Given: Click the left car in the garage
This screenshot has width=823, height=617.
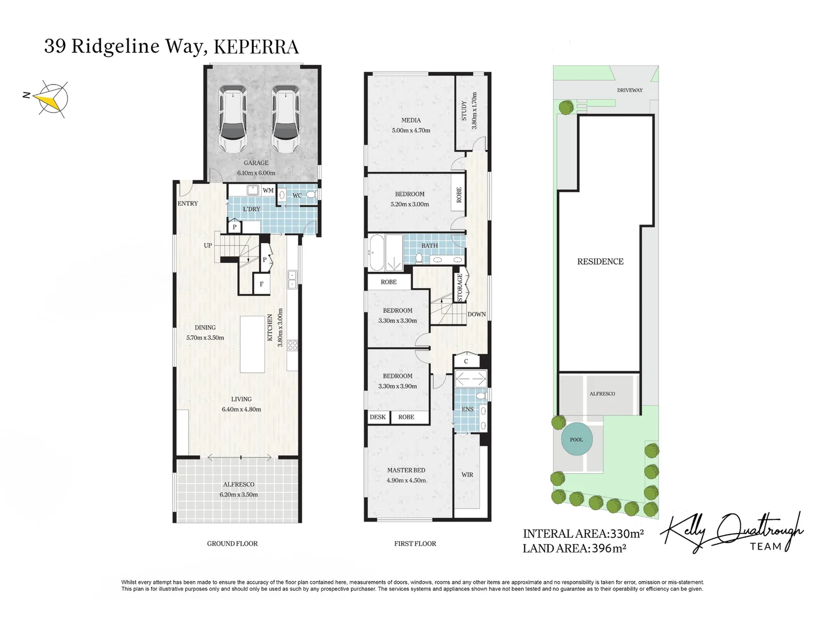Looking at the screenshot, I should [233, 119].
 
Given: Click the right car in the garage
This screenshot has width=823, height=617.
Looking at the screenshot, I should [285, 119].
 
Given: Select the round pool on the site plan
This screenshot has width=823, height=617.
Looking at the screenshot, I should [576, 439].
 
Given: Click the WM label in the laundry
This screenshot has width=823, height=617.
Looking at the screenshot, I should [268, 190].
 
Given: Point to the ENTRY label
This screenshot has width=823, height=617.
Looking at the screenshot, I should [187, 203].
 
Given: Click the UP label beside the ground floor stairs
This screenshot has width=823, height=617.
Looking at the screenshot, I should [208, 246].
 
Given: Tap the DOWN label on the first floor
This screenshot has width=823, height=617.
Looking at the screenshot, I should [477, 314].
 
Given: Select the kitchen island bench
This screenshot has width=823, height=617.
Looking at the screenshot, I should [252, 344].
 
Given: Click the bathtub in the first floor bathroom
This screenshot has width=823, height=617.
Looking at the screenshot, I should [377, 252].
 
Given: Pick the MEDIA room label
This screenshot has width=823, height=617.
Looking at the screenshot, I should [411, 120].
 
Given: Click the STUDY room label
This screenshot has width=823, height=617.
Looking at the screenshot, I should [464, 110].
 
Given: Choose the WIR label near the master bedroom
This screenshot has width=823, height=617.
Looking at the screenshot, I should [467, 475].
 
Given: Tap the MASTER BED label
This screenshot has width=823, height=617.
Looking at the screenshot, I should [406, 470].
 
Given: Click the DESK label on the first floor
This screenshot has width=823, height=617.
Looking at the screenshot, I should [377, 417].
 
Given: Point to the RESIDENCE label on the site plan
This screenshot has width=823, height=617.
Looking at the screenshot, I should [600, 262].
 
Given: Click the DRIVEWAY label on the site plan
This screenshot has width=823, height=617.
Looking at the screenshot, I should [630, 90].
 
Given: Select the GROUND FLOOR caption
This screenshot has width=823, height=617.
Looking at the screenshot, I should [232, 544].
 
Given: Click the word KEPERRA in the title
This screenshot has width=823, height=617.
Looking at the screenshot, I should [256, 47].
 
